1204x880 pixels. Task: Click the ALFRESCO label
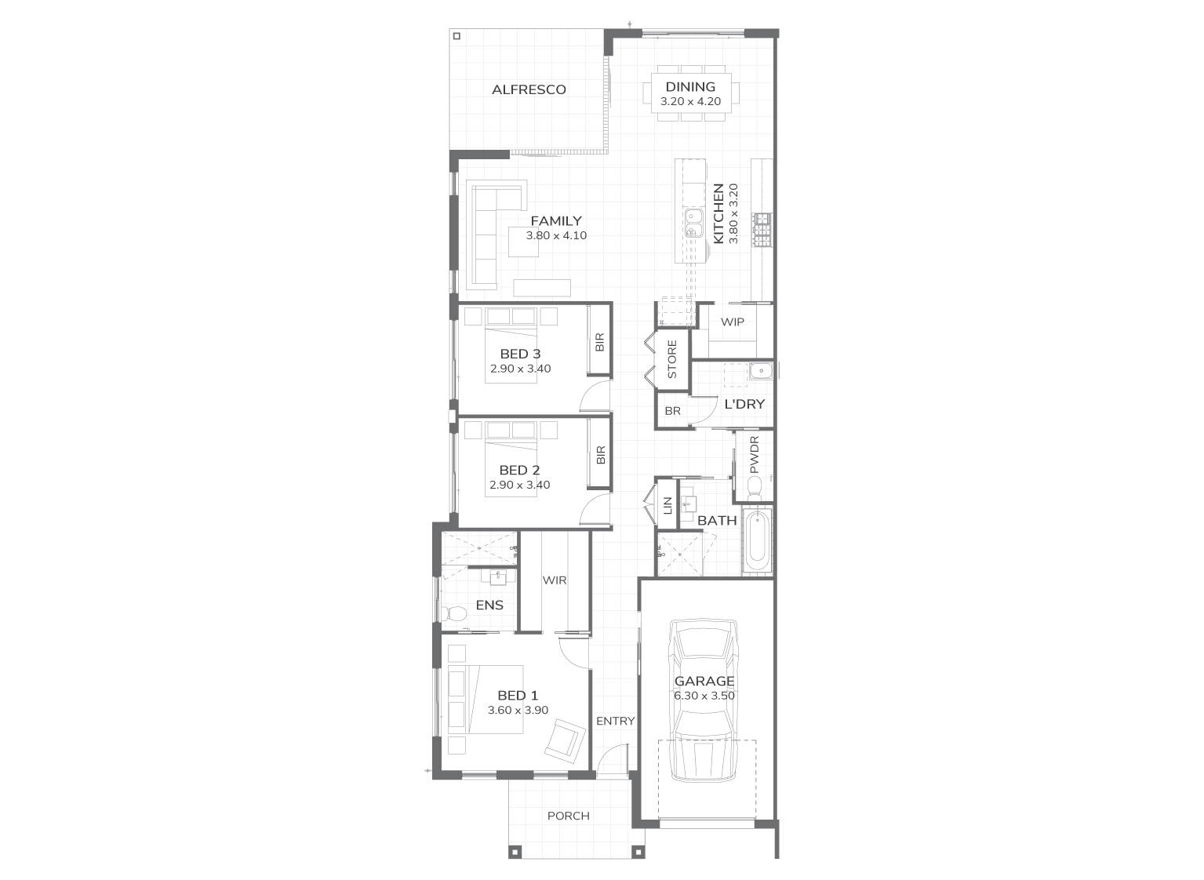click(x=529, y=89)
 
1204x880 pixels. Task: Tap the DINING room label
click(x=690, y=87)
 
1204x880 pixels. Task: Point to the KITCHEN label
click(x=718, y=214)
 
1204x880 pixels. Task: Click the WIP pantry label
click(x=733, y=322)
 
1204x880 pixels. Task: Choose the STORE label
click(x=672, y=359)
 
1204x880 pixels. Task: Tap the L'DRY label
click(x=744, y=405)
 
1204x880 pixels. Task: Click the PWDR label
click(x=755, y=455)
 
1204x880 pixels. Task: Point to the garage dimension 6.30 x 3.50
click(x=704, y=696)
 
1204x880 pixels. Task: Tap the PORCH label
click(x=568, y=816)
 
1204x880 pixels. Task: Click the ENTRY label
click(x=615, y=722)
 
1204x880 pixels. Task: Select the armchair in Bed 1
click(x=566, y=740)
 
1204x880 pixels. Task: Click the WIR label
click(x=555, y=581)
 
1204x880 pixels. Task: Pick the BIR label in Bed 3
click(x=600, y=342)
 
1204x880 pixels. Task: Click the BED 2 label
click(x=519, y=471)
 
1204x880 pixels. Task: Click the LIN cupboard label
click(x=668, y=507)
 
